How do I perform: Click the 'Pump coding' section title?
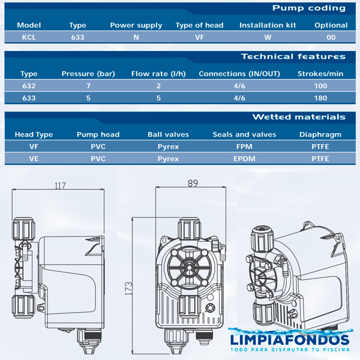click(x=308, y=8)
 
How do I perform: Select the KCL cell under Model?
click(x=28, y=37)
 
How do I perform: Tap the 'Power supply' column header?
click(x=136, y=25)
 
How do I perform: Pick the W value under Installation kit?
click(x=268, y=37)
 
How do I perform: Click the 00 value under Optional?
click(x=331, y=37)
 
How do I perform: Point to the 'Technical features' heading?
click(x=293, y=57)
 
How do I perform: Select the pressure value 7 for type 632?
click(x=88, y=86)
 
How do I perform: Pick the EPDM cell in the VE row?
click(x=244, y=159)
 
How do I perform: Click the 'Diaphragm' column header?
click(x=320, y=135)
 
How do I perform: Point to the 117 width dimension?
click(x=59, y=186)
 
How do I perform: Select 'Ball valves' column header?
click(x=168, y=135)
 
